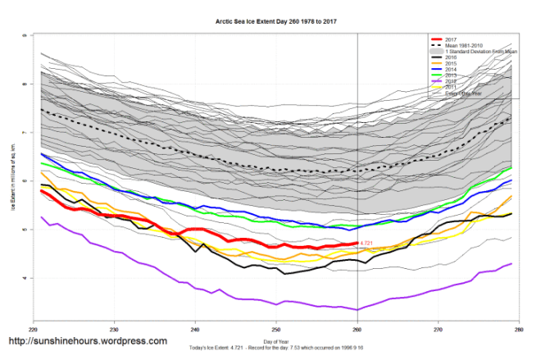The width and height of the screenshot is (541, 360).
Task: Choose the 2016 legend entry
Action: (448, 58)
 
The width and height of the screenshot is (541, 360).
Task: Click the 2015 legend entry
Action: (448, 64)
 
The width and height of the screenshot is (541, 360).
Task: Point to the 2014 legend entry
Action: (448, 71)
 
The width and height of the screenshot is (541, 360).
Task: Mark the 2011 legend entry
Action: (448, 88)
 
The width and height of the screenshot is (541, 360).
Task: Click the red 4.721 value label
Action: (368, 244)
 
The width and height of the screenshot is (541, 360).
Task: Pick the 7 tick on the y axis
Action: (24, 132)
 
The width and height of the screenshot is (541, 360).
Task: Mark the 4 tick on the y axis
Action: (24, 278)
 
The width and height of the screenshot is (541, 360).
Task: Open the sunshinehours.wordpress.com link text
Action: (89, 341)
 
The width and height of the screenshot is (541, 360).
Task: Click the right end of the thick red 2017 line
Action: (356, 244)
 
